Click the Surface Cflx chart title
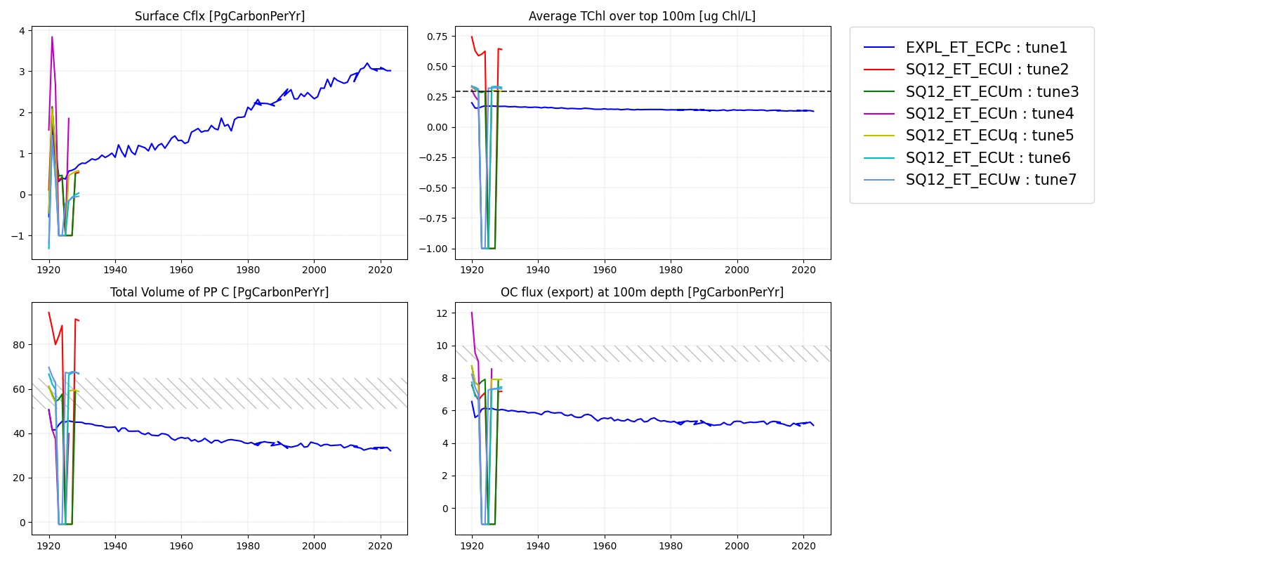coord(220,16)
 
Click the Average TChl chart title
coord(642,16)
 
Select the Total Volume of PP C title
coord(219,292)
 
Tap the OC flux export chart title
coord(642,292)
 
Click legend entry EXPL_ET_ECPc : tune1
coord(986,48)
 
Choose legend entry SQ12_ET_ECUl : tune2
coord(987,70)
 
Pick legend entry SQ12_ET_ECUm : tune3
coord(992,92)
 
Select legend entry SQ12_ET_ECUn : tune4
coord(989,114)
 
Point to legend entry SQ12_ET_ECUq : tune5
coord(989,136)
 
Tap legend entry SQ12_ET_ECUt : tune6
coord(987,158)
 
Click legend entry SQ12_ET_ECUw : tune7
coord(991,180)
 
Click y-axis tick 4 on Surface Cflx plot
coord(22,31)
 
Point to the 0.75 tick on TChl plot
coord(437,37)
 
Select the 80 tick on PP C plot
coord(19,345)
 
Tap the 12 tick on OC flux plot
coord(442,313)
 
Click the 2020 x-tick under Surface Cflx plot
coord(380,270)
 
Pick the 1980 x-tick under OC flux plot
coord(671,546)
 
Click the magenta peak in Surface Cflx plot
coord(52,37)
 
